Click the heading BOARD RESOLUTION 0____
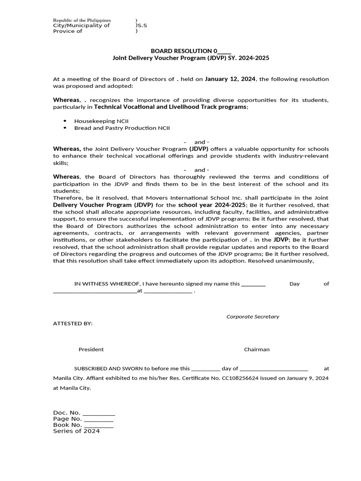(x=190, y=50)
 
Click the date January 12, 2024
(x=230, y=79)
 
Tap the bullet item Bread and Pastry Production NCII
(x=122, y=128)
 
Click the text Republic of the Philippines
(x=82, y=20)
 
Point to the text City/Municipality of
(x=81, y=25)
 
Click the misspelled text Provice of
(x=68, y=31)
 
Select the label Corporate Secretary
(x=252, y=317)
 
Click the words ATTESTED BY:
(x=73, y=324)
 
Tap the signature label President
(x=91, y=349)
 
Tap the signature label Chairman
(x=257, y=349)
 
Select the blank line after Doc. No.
(x=99, y=412)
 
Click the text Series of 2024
(x=76, y=431)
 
